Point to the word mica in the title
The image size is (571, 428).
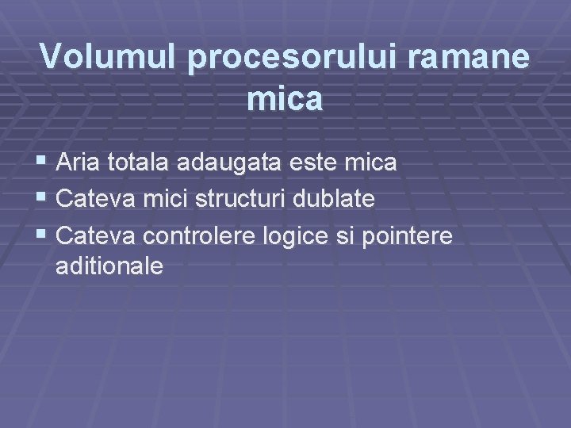coord(285,99)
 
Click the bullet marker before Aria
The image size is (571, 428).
coord(44,163)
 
